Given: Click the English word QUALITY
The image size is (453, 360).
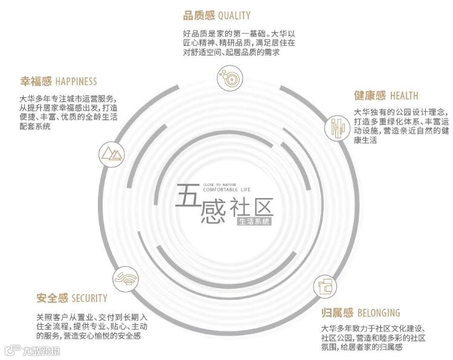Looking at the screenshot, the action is pyautogui.click(x=230, y=15).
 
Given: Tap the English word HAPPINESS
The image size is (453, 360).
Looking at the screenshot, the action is pyautogui.click(x=76, y=81).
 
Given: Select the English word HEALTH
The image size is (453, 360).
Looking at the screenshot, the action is pyautogui.click(x=405, y=96).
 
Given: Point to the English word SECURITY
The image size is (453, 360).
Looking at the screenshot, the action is pyautogui.click(x=89, y=298).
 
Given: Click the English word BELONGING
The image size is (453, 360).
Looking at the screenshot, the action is pyautogui.click(x=379, y=313).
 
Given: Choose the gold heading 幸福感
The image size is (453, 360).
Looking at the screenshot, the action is pyautogui.click(x=36, y=81).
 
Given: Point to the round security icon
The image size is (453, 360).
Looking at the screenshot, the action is pyautogui.click(x=127, y=278).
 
